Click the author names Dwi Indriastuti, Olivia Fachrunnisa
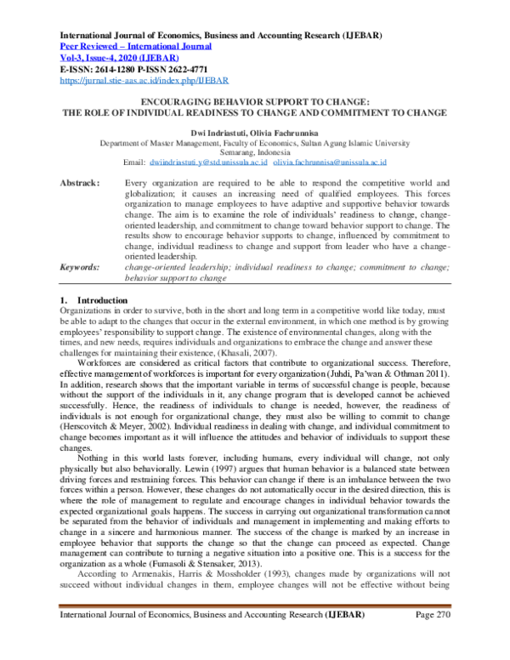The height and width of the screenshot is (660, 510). pos(255,132)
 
